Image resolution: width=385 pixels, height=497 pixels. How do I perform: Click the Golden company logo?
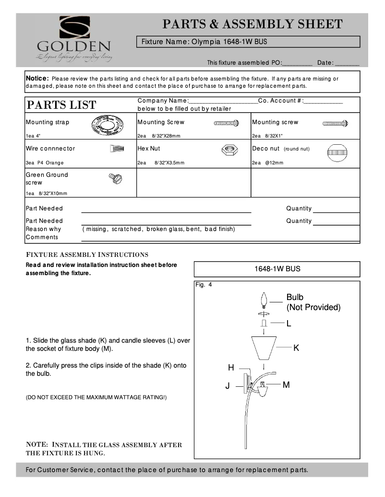pyautogui.click(x=74, y=38)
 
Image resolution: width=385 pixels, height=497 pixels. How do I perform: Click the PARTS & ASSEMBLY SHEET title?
pyautogui.click(x=253, y=24)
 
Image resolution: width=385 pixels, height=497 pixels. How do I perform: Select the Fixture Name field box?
pyautogui.click(x=248, y=42)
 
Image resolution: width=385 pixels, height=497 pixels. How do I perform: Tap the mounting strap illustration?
pyautogui.click(x=108, y=126)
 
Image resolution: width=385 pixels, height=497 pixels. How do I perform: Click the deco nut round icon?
pyautogui.click(x=337, y=153)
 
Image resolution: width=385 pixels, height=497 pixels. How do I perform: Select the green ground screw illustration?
pyautogui.click(x=116, y=179)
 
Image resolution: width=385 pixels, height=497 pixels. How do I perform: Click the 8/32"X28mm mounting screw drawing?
pyautogui.click(x=226, y=124)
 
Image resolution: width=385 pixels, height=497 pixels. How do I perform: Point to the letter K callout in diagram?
pyautogui.click(x=296, y=348)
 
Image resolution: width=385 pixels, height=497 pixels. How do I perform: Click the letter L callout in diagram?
pyautogui.click(x=289, y=324)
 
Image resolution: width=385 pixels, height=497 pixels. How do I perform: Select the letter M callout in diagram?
pyautogui.click(x=286, y=384)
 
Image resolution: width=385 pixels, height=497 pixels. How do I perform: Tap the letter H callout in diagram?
pyautogui.click(x=231, y=368)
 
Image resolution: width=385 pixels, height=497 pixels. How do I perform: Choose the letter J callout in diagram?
pyautogui.click(x=228, y=385)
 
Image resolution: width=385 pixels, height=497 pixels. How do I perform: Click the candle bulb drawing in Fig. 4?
pyautogui.click(x=264, y=301)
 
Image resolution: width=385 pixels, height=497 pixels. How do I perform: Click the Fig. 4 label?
pyautogui.click(x=204, y=285)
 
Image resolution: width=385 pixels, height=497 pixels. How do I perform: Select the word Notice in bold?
pyautogui.click(x=37, y=78)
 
